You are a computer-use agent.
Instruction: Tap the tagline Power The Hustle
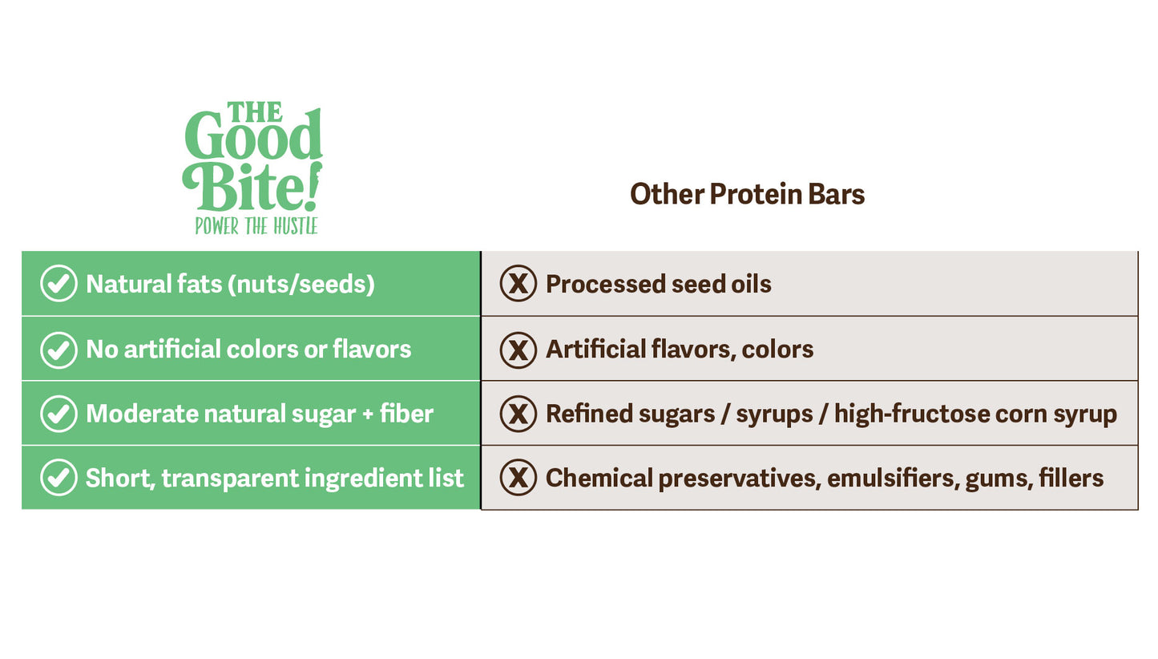pyautogui.click(x=256, y=226)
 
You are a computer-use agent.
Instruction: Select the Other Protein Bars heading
pyautogui.click(x=747, y=194)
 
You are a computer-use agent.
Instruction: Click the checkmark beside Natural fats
pyautogui.click(x=59, y=284)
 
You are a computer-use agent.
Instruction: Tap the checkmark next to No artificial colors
pyautogui.click(x=59, y=349)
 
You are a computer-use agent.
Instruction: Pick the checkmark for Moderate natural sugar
pyautogui.click(x=59, y=414)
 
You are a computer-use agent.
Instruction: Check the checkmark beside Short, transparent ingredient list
pyautogui.click(x=59, y=478)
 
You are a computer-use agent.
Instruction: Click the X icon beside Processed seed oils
pyautogui.click(x=518, y=284)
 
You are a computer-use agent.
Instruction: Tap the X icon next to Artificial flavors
pyautogui.click(x=518, y=349)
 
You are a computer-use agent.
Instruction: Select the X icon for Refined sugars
pyautogui.click(x=518, y=414)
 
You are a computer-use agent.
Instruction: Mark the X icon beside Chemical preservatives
pyautogui.click(x=518, y=478)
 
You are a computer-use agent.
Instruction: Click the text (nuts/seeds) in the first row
pyautogui.click(x=301, y=285)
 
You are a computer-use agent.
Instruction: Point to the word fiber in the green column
pyautogui.click(x=410, y=414)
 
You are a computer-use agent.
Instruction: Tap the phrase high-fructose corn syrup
pyautogui.click(x=975, y=414)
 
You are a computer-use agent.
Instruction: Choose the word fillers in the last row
pyautogui.click(x=1071, y=479)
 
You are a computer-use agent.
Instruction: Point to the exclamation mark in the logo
pyautogui.click(x=314, y=186)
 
